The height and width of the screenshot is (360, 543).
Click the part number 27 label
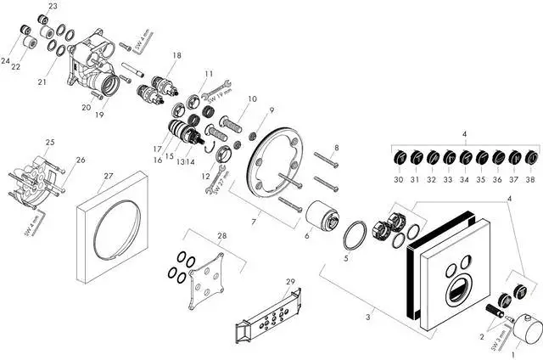tap(108, 177)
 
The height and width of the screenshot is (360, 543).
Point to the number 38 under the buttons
tap(531, 179)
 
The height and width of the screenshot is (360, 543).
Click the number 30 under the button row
tap(398, 179)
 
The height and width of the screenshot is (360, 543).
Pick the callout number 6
tap(307, 236)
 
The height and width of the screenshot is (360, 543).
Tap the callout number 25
tap(50, 142)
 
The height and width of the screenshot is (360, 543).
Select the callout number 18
tap(176, 55)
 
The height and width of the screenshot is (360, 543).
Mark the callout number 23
tap(53, 7)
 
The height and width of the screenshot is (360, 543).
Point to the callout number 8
tap(336, 149)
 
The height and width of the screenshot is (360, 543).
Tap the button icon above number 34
tap(465, 157)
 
